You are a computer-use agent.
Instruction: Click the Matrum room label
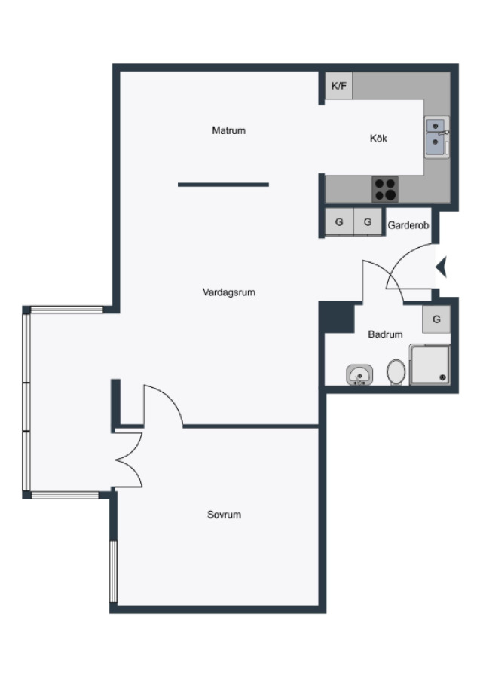click(229, 130)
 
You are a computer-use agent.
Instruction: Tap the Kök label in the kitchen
click(378, 139)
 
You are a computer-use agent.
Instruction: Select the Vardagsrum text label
click(229, 292)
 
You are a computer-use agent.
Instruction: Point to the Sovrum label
click(224, 515)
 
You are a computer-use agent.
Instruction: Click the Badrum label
click(385, 334)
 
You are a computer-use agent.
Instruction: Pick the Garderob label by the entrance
click(408, 224)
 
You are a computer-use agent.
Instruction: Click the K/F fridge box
click(338, 86)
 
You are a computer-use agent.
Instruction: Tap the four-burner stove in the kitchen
click(385, 189)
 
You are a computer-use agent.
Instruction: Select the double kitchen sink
click(436, 137)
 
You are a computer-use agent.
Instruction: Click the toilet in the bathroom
click(396, 372)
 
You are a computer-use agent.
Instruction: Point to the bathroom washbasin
click(359, 375)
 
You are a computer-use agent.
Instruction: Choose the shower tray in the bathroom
click(430, 364)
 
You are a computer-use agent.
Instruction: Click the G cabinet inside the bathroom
click(436, 319)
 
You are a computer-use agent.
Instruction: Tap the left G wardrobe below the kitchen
click(339, 221)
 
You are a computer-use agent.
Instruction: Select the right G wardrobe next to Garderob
click(368, 221)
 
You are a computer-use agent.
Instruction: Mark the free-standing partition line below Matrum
click(223, 185)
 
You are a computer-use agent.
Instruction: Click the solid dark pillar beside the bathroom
click(337, 318)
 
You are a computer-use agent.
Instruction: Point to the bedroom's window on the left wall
click(113, 571)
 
